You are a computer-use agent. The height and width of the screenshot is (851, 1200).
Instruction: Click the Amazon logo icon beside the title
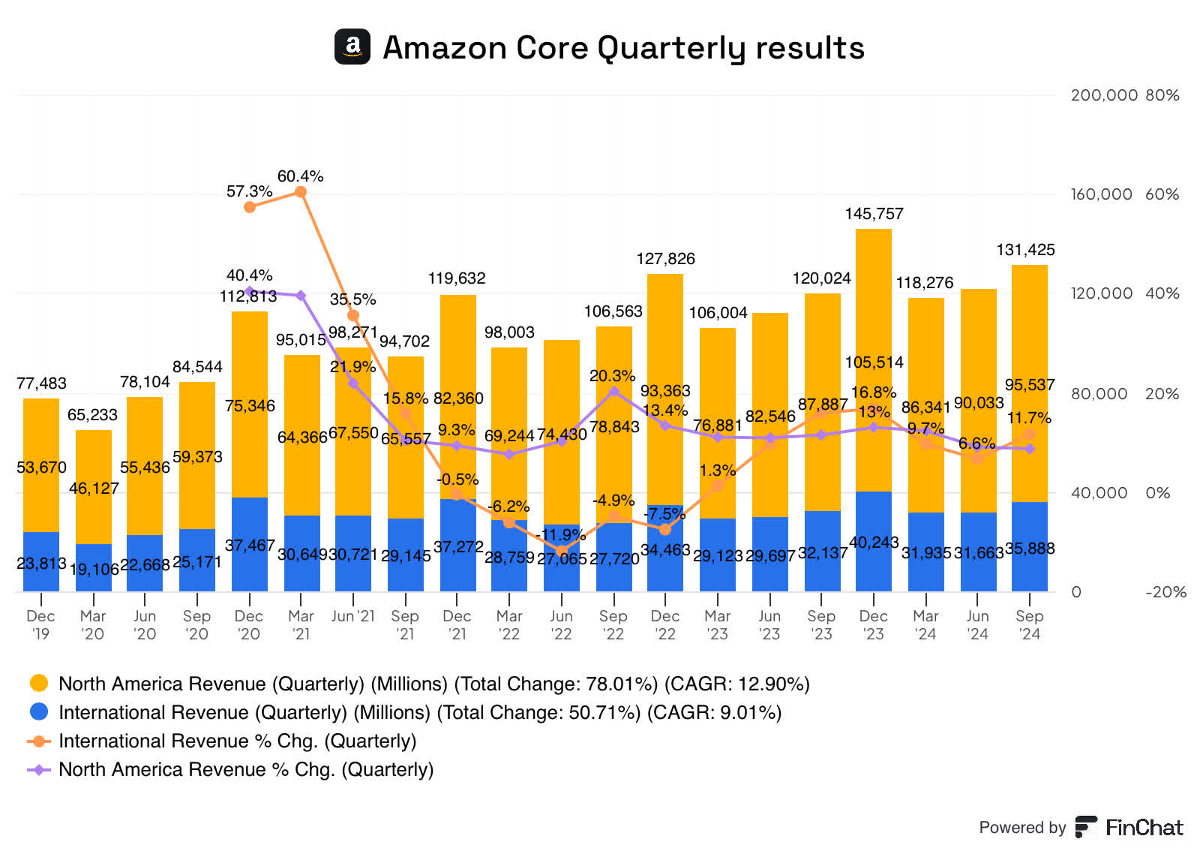(352, 47)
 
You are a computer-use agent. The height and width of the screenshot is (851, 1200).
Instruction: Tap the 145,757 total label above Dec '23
(874, 214)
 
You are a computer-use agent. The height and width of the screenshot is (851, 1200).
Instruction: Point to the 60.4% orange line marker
(301, 192)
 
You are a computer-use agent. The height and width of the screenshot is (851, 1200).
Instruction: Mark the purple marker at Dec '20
(250, 291)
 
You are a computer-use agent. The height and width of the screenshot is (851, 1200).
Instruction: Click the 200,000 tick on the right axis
(1104, 95)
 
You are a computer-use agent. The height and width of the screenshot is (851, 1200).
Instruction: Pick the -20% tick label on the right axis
(1165, 592)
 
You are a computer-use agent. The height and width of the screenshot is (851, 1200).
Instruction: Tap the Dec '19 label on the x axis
(40, 624)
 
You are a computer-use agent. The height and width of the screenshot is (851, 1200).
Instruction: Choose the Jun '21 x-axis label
(352, 616)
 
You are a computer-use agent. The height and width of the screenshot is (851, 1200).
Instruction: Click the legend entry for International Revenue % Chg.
(237, 741)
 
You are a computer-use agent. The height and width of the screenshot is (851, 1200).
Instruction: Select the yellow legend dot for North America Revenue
(39, 683)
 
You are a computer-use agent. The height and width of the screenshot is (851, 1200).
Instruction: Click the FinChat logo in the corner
(1129, 827)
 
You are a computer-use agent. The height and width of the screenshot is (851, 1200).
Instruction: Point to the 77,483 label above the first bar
(41, 383)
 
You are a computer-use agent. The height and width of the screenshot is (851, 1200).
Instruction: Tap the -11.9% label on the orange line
(562, 534)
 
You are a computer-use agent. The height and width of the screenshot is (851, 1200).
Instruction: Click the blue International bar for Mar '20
(93, 568)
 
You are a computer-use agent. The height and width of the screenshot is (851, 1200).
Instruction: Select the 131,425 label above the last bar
(1025, 250)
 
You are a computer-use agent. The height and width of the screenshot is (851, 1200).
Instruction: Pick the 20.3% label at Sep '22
(612, 376)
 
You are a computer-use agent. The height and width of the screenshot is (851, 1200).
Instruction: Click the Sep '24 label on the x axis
(1030, 624)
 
